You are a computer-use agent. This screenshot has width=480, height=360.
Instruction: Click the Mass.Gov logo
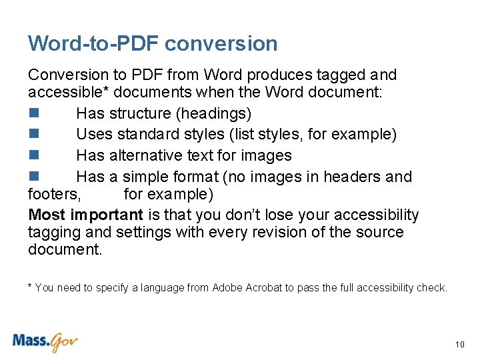(x=45, y=342)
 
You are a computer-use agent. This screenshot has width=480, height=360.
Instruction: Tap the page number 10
(x=459, y=345)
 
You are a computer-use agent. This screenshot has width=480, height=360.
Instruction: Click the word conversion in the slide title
(x=221, y=44)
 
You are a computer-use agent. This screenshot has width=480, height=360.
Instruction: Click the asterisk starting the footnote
(x=30, y=287)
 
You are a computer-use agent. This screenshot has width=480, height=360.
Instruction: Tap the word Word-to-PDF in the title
(x=93, y=44)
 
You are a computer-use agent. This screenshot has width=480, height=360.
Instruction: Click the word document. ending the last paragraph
(x=65, y=250)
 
